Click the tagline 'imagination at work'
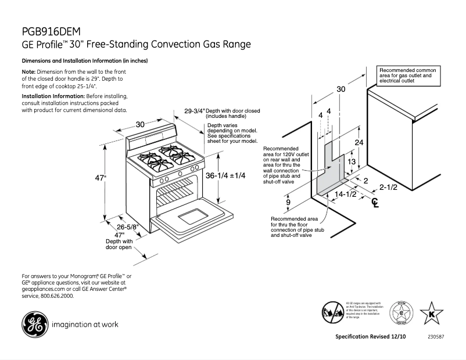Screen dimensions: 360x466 pyautogui.click(x=85, y=325)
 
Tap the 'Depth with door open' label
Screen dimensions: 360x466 pyautogui.click(x=119, y=244)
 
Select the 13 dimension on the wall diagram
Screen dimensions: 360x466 pyautogui.click(x=351, y=162)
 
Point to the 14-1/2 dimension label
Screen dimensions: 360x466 pyautogui.click(x=345, y=194)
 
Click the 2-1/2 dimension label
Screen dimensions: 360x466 pyautogui.click(x=388, y=187)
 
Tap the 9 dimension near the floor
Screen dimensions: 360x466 pyautogui.click(x=288, y=202)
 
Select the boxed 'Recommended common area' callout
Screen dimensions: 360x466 pyautogui.click(x=407, y=75)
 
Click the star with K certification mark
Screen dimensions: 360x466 pyautogui.click(x=431, y=313)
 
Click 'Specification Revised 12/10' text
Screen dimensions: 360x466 pyautogui.click(x=371, y=337)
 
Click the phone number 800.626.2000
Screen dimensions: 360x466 pyautogui.click(x=57, y=296)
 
